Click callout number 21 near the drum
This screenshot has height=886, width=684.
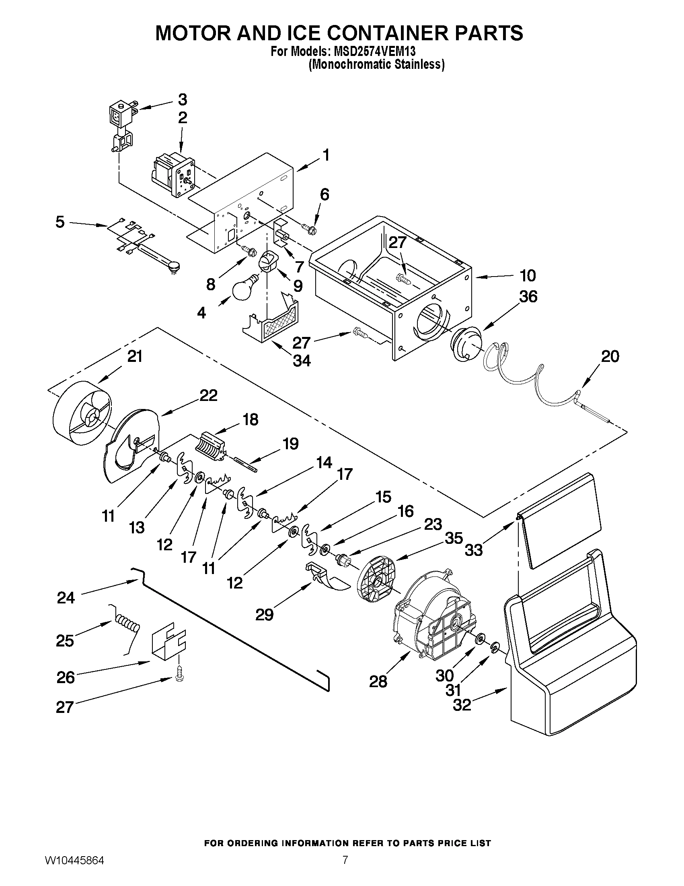(x=135, y=356)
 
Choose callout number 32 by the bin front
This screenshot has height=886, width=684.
(x=462, y=705)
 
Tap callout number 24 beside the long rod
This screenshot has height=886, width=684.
(x=66, y=597)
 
